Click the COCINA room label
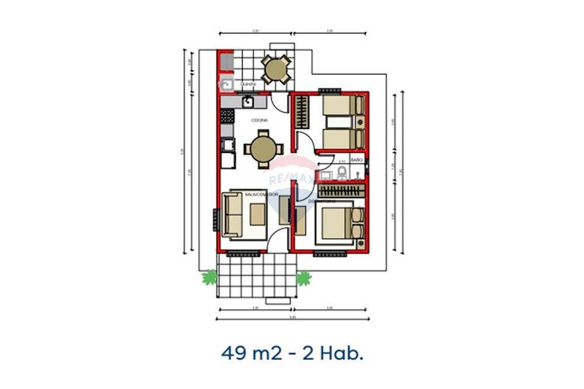coord(260,120)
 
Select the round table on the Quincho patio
coord(275,69)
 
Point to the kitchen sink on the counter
coord(248,101)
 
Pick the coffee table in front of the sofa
coord(257,215)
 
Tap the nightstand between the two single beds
coord(361,122)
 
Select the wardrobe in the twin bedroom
coord(301,112)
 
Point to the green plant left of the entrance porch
coord(210,278)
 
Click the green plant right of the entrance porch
coord(303,278)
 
